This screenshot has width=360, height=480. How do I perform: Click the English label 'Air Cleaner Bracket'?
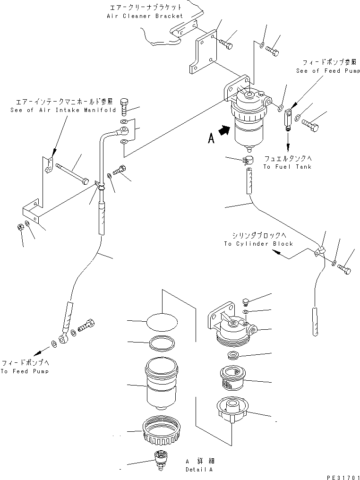click(x=145, y=16)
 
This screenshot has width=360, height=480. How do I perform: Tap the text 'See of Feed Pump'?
click(x=328, y=71)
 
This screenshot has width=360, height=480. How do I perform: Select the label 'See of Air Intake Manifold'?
click(x=63, y=110)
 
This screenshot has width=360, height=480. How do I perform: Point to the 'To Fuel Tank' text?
click(x=287, y=167)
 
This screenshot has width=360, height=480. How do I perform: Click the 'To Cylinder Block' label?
click(x=258, y=244)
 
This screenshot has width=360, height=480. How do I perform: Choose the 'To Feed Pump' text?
click(x=25, y=371)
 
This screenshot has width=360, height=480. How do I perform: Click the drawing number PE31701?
click(x=339, y=473)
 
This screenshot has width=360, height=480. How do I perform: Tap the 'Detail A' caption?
click(x=199, y=470)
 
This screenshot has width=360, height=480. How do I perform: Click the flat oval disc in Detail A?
click(x=163, y=323)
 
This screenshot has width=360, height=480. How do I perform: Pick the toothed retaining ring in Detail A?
click(x=156, y=429)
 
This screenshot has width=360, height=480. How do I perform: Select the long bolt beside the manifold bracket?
click(x=72, y=173)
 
